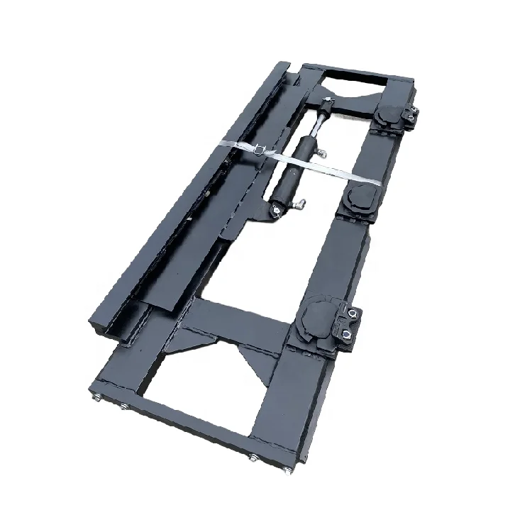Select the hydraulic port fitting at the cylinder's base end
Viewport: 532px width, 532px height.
pos(301,204)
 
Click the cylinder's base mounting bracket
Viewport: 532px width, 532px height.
pos(276,210)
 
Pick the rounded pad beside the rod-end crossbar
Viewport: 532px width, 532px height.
pos(389,113)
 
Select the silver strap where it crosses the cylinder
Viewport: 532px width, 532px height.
pos(298,160)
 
